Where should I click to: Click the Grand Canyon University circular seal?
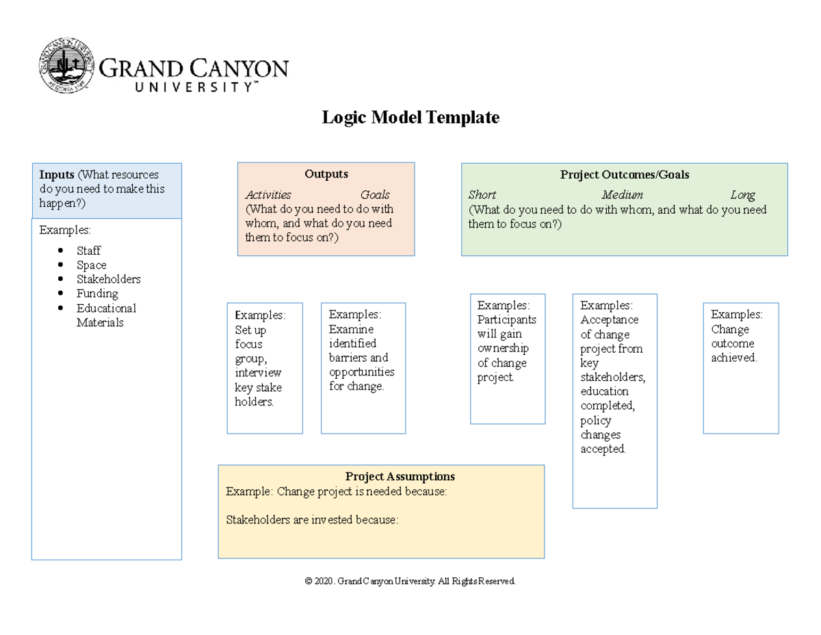pyautogui.click(x=67, y=66)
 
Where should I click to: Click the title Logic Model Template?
pyautogui.click(x=410, y=118)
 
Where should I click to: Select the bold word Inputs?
pyautogui.click(x=57, y=175)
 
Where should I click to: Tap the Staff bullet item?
pyautogui.click(x=88, y=251)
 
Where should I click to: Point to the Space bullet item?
pyautogui.click(x=91, y=265)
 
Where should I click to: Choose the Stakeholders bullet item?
pyautogui.click(x=108, y=279)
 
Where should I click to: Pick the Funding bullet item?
pyautogui.click(x=97, y=294)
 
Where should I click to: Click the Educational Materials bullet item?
pyautogui.click(x=105, y=315)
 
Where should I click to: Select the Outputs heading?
pyautogui.click(x=326, y=174)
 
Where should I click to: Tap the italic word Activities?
pyautogui.click(x=268, y=195)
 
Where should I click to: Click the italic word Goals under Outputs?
pyautogui.click(x=375, y=195)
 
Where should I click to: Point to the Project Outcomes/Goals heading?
pyautogui.click(x=624, y=175)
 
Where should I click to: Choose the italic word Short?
pyautogui.click(x=482, y=195)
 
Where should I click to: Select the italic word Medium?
pyautogui.click(x=622, y=195)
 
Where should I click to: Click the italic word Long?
pyautogui.click(x=742, y=195)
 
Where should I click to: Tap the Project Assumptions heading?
pyautogui.click(x=400, y=477)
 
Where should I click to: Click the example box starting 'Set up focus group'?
pyautogui.click(x=264, y=368)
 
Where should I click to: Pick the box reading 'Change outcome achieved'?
pyautogui.click(x=740, y=368)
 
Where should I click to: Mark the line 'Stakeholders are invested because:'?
pyautogui.click(x=311, y=520)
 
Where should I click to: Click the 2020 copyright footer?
pyautogui.click(x=410, y=581)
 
